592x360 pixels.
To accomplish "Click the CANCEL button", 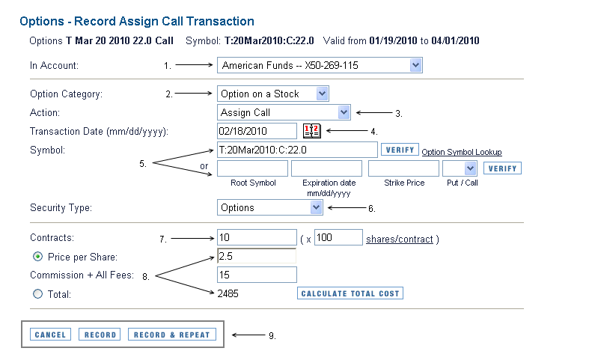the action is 50,335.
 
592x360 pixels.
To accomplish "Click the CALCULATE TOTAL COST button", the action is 350,293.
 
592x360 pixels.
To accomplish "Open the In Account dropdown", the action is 320,65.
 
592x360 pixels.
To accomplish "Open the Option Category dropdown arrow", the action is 322,94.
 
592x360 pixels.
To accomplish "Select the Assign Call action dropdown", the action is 284,112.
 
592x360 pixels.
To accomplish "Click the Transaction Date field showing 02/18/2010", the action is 257,131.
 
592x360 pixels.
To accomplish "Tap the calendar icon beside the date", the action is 312,131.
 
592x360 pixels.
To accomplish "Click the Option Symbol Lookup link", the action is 461,152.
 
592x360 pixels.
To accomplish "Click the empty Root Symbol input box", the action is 252,168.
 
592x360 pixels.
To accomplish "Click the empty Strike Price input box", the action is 403,168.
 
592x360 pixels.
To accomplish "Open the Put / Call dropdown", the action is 460,168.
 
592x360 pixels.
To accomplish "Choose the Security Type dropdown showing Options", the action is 269,207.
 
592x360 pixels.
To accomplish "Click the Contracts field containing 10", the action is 257,237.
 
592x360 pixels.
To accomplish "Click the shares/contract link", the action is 400,239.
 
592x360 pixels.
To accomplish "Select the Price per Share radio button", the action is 37,257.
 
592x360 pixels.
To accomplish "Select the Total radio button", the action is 37,294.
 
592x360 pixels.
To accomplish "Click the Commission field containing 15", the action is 257,275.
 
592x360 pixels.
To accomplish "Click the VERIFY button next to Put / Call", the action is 502,168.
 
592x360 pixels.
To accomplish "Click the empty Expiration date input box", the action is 326,168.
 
